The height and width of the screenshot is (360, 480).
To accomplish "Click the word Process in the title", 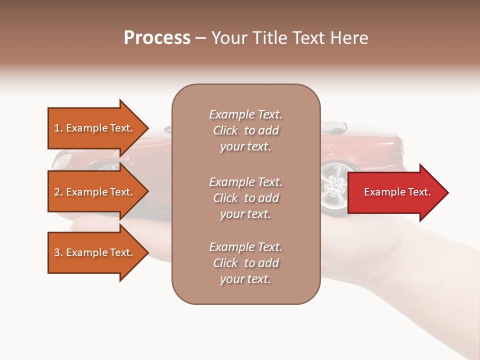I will [x=157, y=38].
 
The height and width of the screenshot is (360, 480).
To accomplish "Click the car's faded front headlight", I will [x=62, y=161].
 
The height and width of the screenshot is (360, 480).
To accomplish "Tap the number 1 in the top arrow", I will [x=56, y=128].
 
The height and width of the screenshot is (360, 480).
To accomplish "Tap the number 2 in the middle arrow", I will [x=56, y=192].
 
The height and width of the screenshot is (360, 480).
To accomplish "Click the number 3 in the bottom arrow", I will [x=56, y=252].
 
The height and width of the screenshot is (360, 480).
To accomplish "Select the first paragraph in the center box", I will [x=245, y=130].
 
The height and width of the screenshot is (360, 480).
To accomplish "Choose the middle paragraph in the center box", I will [x=245, y=198].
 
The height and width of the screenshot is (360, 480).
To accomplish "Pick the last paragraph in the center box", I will [x=245, y=263].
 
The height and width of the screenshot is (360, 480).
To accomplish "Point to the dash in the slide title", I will [x=201, y=38].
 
